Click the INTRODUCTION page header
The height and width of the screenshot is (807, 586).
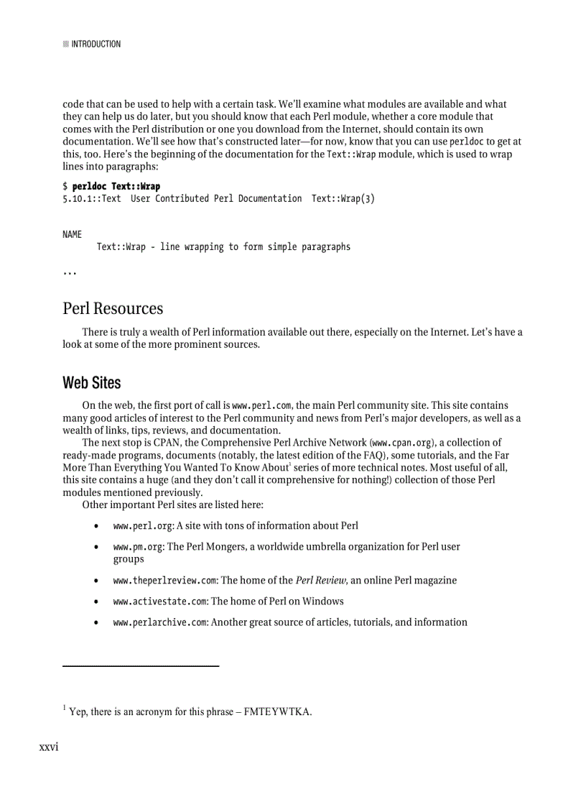click(96, 44)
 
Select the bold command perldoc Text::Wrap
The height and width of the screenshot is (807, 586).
click(116, 186)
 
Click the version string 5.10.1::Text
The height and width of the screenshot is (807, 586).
click(92, 198)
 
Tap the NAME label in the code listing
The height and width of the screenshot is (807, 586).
click(72, 234)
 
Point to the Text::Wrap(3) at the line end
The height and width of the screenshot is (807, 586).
click(343, 198)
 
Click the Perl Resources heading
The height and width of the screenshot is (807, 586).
click(113, 308)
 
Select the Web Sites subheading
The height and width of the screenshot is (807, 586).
click(92, 382)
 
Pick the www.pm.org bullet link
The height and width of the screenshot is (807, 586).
click(138, 547)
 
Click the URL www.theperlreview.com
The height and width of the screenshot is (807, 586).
click(165, 580)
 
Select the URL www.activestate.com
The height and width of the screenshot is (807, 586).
click(160, 601)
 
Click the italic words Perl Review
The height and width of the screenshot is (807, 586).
click(322, 580)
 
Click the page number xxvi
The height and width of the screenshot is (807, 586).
click(49, 747)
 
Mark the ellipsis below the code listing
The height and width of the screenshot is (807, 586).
click(70, 273)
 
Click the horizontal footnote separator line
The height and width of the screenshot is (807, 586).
click(141, 666)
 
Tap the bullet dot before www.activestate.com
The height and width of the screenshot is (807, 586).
click(96, 601)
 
